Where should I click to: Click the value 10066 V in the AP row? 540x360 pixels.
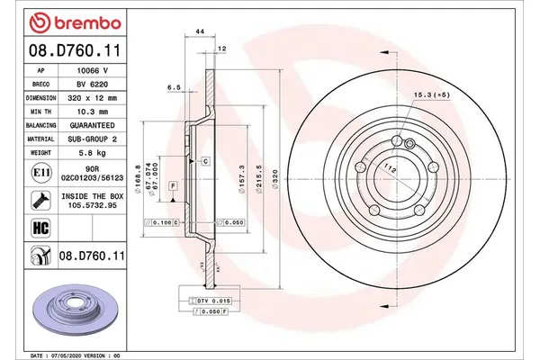93,69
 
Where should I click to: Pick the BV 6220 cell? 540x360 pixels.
93,83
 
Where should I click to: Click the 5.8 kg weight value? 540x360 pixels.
93,153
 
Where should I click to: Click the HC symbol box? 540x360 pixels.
40,229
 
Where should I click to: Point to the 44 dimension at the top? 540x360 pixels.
200,32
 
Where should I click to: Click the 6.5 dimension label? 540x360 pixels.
175,87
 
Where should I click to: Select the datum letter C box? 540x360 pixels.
205,161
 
